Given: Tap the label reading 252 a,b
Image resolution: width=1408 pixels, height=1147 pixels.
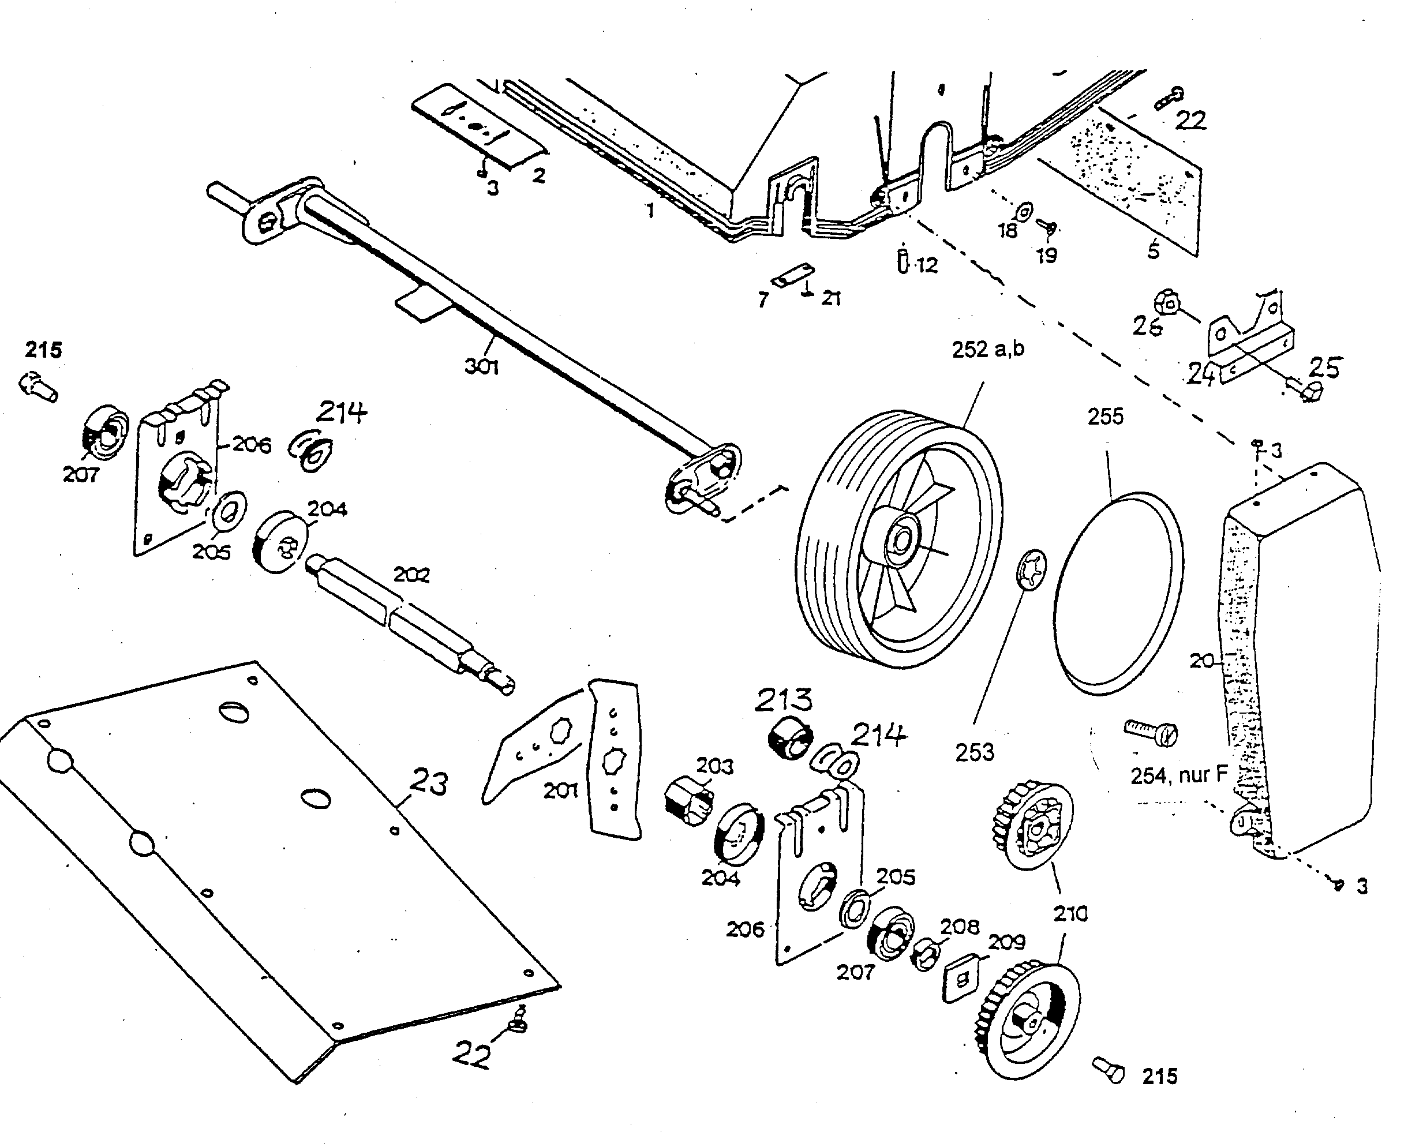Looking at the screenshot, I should (987, 349).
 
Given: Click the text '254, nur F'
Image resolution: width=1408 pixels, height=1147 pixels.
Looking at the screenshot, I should (1178, 775).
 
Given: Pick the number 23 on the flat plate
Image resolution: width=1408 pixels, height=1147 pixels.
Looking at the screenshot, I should (428, 782).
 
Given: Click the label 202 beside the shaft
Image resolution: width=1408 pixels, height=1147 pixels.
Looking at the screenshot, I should (411, 575).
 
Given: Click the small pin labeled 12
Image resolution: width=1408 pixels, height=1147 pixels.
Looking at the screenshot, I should (903, 260).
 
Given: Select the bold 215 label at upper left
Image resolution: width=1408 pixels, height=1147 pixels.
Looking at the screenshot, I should (44, 350).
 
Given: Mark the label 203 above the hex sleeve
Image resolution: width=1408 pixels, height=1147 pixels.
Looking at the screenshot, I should (714, 766).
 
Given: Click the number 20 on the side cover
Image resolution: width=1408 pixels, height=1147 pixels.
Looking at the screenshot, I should (1203, 660).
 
